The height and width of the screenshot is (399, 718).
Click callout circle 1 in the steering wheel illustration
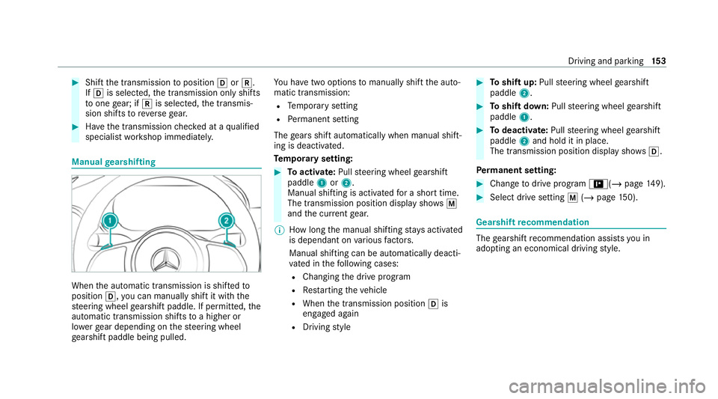coord(109,222)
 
